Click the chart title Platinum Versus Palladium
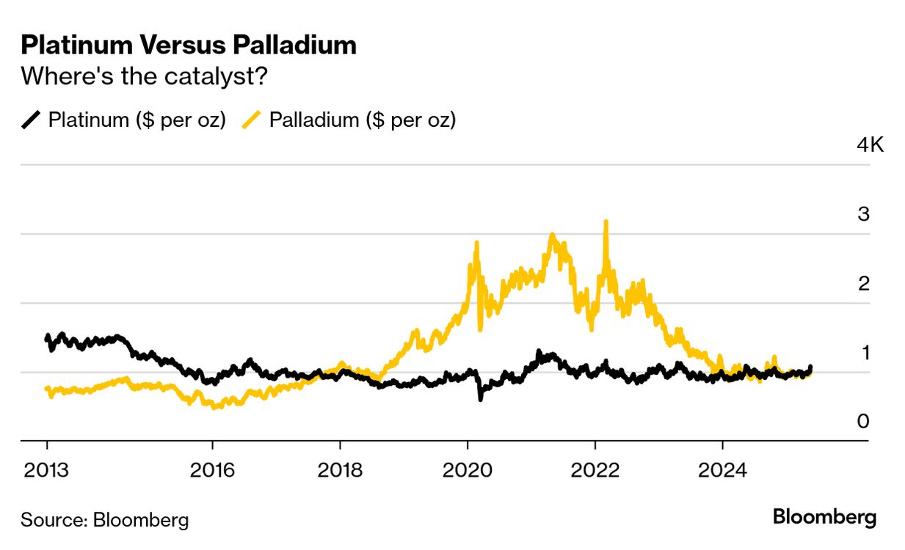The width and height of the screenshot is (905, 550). point(189,45)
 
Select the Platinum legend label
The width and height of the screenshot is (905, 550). point(137,120)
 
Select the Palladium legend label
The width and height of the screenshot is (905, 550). point(363,120)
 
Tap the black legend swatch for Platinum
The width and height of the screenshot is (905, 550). point(32,120)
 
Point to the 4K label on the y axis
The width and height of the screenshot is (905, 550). point(871,144)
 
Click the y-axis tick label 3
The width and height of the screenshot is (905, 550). point(863,214)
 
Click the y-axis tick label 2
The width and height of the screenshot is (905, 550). point(863,283)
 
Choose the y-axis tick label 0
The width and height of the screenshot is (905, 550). point(863,422)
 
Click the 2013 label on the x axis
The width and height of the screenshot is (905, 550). point(47,470)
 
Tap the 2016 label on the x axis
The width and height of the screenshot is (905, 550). point(212,470)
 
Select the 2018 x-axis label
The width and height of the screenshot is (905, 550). point(340,470)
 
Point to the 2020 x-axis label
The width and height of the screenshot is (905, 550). point(468,470)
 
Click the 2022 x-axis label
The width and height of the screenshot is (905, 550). point(595,470)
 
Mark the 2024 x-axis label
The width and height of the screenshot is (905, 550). point(723,470)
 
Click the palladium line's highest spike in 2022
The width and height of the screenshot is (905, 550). point(606,222)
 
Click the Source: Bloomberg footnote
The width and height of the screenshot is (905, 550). point(104,521)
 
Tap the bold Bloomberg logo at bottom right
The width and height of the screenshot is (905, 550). point(824,518)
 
